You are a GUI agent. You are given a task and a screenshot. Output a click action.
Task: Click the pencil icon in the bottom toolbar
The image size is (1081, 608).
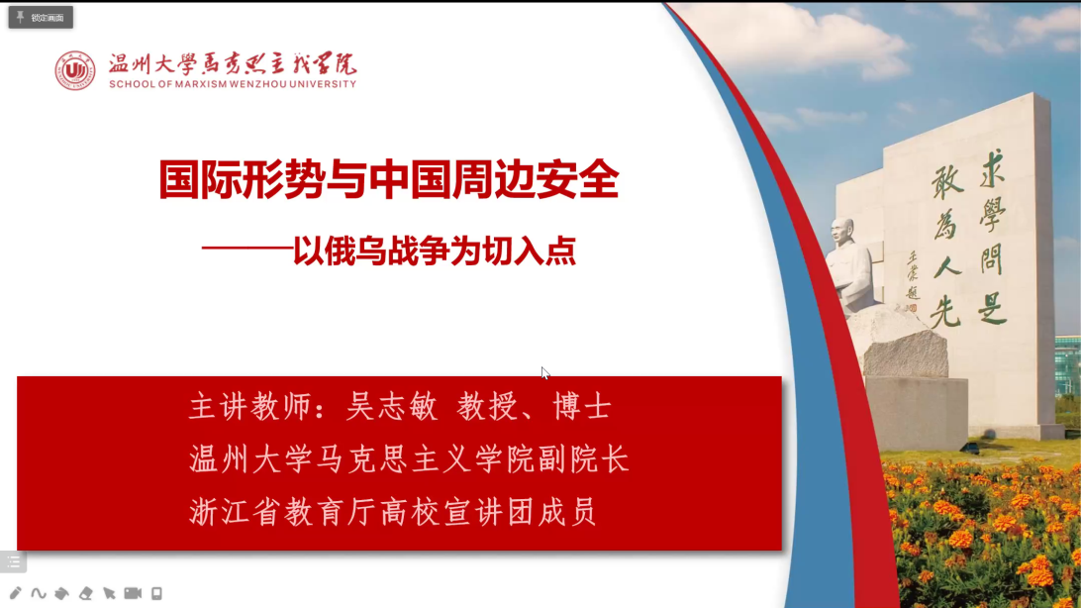[x=15, y=593]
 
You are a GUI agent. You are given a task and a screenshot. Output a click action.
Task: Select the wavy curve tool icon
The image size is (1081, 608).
[x=39, y=593]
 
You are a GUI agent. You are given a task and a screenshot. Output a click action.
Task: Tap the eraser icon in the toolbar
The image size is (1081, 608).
[x=85, y=593]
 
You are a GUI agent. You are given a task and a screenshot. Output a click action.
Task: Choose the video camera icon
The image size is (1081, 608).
[x=133, y=593]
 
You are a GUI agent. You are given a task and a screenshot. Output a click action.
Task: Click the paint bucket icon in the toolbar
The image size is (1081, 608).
[x=62, y=593]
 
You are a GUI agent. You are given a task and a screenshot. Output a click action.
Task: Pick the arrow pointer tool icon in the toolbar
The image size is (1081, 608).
[x=109, y=593]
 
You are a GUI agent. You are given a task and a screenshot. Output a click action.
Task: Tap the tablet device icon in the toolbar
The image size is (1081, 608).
[x=156, y=593]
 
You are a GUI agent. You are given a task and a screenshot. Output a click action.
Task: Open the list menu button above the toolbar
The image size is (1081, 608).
[x=13, y=561]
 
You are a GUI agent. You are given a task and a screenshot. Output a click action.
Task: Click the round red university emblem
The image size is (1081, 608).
[x=75, y=70]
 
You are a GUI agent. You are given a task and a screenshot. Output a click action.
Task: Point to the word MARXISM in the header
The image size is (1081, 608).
[x=201, y=84]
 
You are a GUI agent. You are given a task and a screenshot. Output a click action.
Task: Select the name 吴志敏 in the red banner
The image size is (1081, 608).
[x=392, y=407]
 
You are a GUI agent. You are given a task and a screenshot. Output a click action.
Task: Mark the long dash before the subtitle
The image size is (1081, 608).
[x=246, y=249]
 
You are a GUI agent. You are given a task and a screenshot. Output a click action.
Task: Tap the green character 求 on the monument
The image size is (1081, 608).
[x=993, y=167]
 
